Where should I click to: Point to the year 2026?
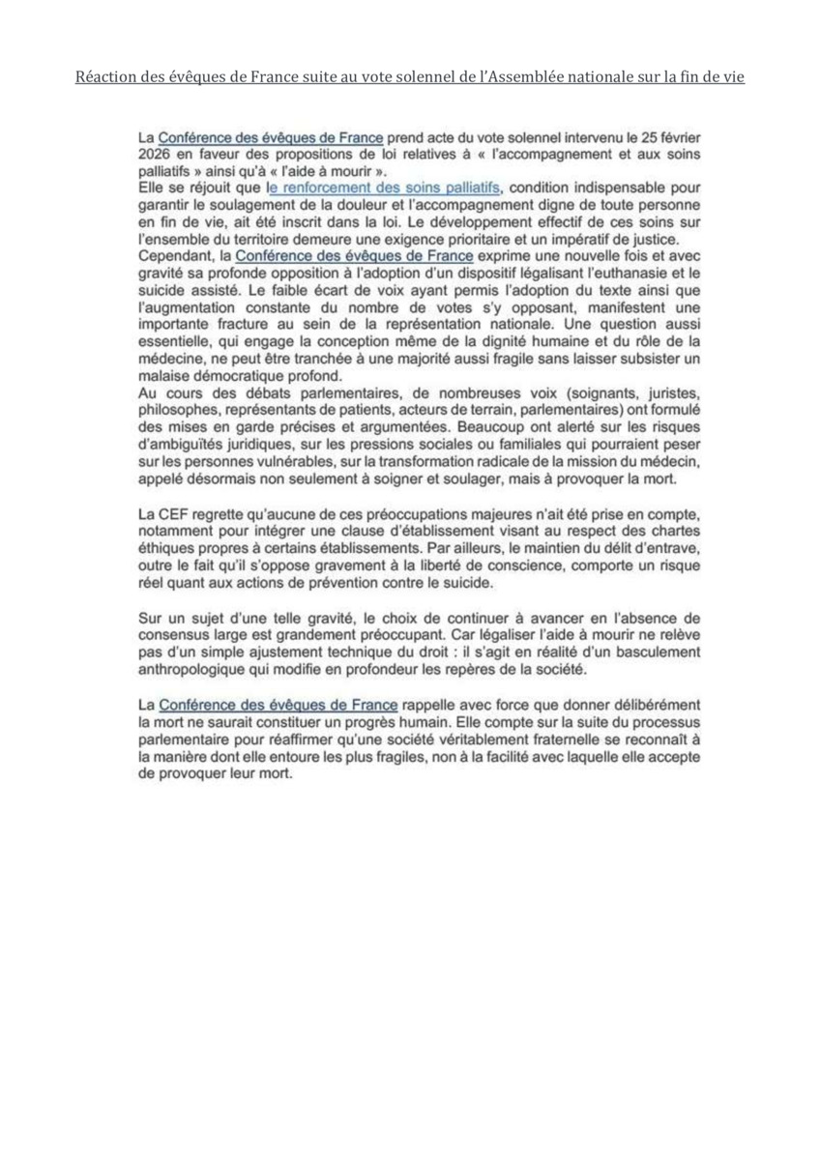point(155,155)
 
